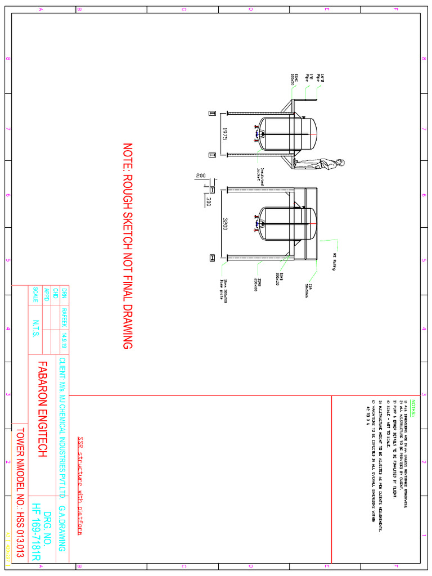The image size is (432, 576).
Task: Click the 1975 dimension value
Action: coord(224,134)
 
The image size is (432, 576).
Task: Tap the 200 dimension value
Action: coord(201,176)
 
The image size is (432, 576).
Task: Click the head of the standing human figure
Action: coord(341,163)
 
